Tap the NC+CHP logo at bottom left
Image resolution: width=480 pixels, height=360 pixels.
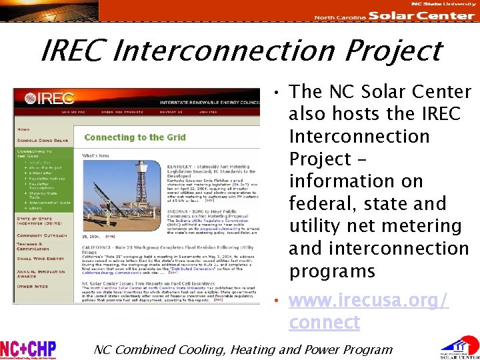(x=28, y=349)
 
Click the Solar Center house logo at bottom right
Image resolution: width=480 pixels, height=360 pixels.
(x=458, y=347)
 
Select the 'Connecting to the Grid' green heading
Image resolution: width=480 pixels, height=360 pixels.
(x=135, y=137)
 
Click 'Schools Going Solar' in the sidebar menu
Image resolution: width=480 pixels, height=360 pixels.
(x=43, y=141)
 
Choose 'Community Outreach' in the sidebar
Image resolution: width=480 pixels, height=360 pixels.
(x=44, y=235)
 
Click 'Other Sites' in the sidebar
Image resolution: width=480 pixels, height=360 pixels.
(x=33, y=287)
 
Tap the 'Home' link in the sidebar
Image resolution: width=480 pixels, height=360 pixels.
(x=23, y=129)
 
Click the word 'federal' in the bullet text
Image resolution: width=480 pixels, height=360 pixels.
(x=321, y=203)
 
